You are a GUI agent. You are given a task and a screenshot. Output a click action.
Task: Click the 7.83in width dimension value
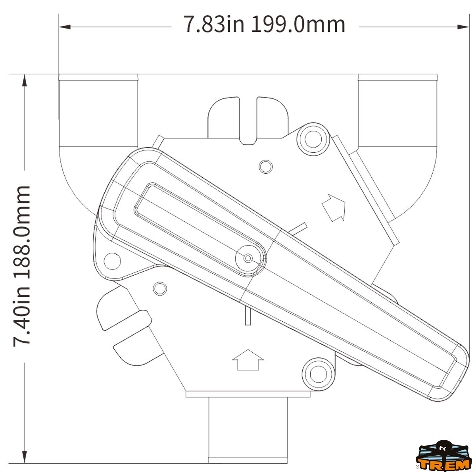(214, 24)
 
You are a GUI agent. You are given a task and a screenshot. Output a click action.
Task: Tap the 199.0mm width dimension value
(298, 24)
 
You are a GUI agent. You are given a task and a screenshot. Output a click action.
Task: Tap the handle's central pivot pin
(248, 258)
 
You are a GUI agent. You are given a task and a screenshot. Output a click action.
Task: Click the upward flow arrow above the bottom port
(248, 360)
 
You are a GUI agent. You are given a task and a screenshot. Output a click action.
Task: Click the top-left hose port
(98, 110)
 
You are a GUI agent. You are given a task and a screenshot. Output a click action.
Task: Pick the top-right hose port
(397, 110)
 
